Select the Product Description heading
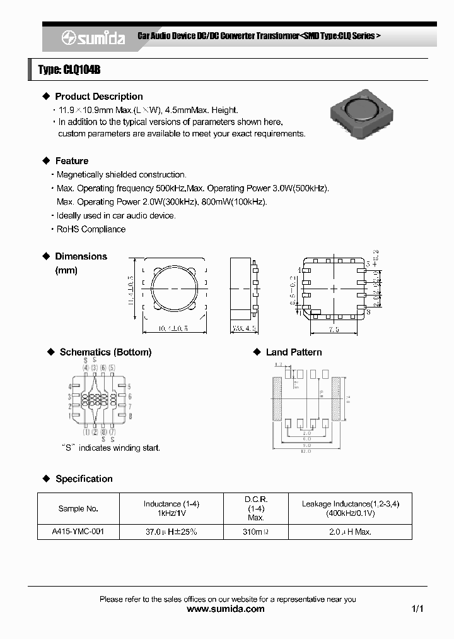tap(98, 97)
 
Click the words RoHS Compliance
tap(91, 229)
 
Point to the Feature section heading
tap(71, 161)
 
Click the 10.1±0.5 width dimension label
tap(173, 328)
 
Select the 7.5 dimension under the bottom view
tap(333, 329)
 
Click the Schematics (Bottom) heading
tap(105, 352)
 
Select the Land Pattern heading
tap(293, 352)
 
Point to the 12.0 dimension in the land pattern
tap(305, 451)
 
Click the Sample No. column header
tap(78, 508)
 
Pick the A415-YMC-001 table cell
tap(78, 532)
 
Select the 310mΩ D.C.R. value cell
tap(255, 532)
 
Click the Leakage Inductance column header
tap(350, 508)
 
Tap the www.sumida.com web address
tap(226, 609)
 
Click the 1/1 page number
tap(417, 609)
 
